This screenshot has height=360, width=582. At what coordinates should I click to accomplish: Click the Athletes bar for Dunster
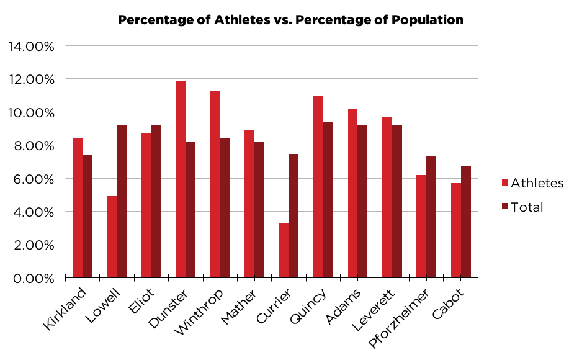pyautogui.click(x=181, y=179)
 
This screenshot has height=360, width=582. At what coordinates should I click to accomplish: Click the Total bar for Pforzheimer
pyautogui.click(x=431, y=217)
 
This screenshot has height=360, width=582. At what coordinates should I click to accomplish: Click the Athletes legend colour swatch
pyautogui.click(x=504, y=183)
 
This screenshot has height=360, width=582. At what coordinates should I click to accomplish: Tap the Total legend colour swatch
pyautogui.click(x=504, y=207)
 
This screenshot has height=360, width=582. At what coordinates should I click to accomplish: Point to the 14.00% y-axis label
pyautogui.click(x=31, y=47)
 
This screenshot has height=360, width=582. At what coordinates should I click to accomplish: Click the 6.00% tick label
pyautogui.click(x=34, y=179)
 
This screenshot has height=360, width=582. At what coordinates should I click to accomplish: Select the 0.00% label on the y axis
pyautogui.click(x=34, y=278)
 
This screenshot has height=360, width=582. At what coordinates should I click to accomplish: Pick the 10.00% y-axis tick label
pyautogui.click(x=31, y=112)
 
